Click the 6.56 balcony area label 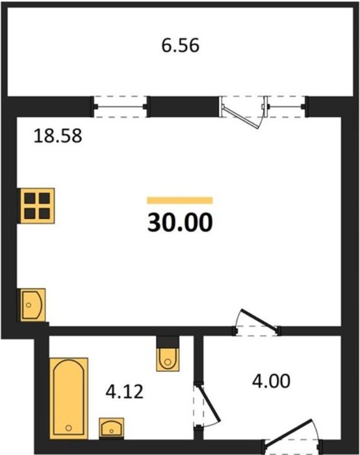click(x=180, y=46)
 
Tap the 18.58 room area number click(x=58, y=136)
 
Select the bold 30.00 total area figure click(x=180, y=222)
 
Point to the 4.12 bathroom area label click(x=125, y=391)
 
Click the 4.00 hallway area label click(x=271, y=381)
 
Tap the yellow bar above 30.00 click(x=180, y=200)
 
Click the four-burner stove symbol click(x=37, y=206)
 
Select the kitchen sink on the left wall click(x=32, y=305)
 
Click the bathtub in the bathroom click(x=69, y=398)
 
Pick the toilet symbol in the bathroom click(x=168, y=359)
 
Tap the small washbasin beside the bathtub click(x=112, y=427)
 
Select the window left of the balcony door click(x=120, y=107)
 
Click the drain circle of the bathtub click(x=68, y=428)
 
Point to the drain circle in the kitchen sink click(x=29, y=305)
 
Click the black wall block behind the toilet click(x=168, y=342)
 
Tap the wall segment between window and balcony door click(x=184, y=107)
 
